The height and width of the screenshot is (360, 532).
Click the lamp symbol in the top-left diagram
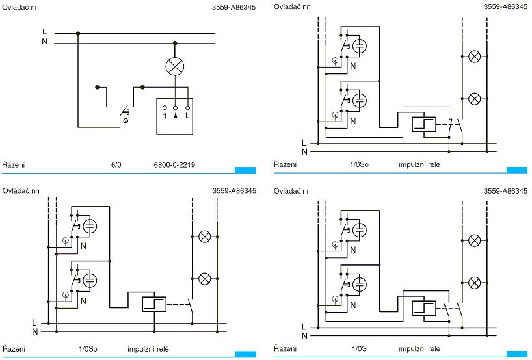pyautogui.click(x=174, y=66)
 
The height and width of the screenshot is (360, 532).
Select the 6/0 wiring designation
pyautogui.click(x=116, y=165)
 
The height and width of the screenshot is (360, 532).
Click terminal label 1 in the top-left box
pyautogui.click(x=165, y=115)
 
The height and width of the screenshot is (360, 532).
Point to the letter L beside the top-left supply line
pyautogui.click(x=44, y=31)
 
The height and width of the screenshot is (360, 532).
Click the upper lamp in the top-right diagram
pyautogui.click(x=475, y=57)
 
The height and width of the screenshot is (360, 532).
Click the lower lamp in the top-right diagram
pyautogui.click(x=475, y=98)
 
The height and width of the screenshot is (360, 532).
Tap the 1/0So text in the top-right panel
pyautogui.click(x=359, y=165)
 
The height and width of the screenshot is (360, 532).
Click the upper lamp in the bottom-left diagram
pyautogui.click(x=204, y=237)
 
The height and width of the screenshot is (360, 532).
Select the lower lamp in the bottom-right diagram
pyautogui.click(x=475, y=283)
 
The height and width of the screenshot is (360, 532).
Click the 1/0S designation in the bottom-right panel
pyautogui.click(x=359, y=348)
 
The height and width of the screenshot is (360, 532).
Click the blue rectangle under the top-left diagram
pyautogui.click(x=245, y=170)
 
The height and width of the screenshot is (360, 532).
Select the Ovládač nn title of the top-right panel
pyautogui.click(x=292, y=6)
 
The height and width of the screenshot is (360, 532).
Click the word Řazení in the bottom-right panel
pyautogui.click(x=286, y=348)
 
